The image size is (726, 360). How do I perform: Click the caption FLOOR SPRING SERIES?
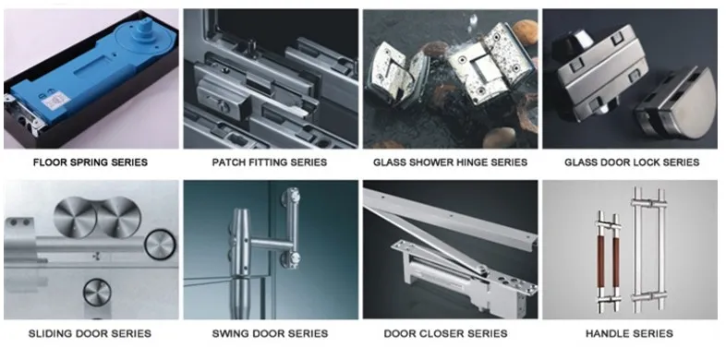(90, 162)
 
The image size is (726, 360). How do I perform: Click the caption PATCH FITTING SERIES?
(269, 162)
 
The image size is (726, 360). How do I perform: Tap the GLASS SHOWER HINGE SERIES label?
(450, 162)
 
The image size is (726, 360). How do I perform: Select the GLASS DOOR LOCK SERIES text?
(632, 162)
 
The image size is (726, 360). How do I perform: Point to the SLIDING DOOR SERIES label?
(90, 333)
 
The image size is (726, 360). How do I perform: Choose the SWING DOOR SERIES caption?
(269, 333)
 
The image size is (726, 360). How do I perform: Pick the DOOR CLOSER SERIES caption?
(450, 333)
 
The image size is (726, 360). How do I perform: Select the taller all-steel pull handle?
(649, 245)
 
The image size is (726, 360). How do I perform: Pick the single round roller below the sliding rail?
(97, 294)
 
